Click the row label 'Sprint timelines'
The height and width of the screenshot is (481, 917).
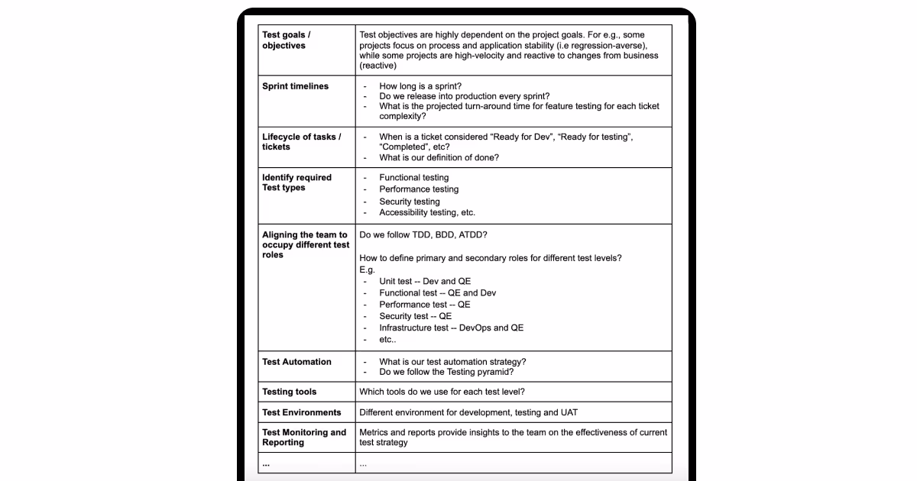(x=295, y=86)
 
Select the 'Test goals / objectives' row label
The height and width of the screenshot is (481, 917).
(x=287, y=40)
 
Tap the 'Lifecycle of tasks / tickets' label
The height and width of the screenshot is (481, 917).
(x=301, y=142)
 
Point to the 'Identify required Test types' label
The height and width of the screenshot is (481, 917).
(x=296, y=182)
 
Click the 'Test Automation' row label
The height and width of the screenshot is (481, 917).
(x=296, y=362)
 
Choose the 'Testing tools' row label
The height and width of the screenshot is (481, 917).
(x=289, y=392)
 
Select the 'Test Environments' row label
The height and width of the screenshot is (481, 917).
(x=301, y=412)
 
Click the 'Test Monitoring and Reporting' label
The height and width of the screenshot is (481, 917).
(x=303, y=437)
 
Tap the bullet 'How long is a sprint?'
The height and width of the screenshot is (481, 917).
(x=420, y=86)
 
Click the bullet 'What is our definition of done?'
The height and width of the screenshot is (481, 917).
(x=439, y=158)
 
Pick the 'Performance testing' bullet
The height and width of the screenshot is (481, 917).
(x=419, y=189)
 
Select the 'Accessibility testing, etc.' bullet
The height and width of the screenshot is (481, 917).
(x=427, y=213)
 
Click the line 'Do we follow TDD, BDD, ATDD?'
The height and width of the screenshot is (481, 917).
(x=423, y=234)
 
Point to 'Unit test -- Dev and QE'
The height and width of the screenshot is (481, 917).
(x=425, y=282)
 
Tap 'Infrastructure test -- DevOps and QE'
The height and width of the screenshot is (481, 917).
(x=451, y=328)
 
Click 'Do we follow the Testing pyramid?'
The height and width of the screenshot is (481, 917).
(x=446, y=373)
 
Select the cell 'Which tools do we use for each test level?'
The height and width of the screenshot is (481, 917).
(x=442, y=392)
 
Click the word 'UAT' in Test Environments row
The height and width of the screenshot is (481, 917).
(x=569, y=412)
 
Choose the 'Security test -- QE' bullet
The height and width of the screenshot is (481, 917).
(x=415, y=316)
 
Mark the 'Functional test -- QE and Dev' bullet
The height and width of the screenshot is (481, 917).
(x=437, y=293)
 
